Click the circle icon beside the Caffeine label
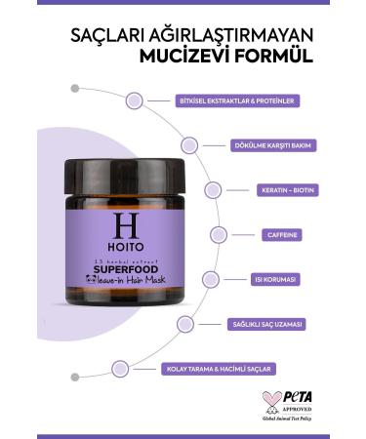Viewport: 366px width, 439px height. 220,234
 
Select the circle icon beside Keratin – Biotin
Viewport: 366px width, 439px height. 212,190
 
